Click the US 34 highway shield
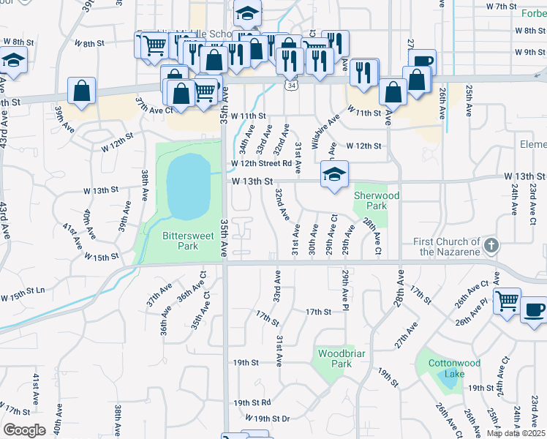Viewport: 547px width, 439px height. pyautogui.click(x=291, y=86)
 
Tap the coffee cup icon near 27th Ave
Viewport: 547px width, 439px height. pyautogui.click(x=422, y=64)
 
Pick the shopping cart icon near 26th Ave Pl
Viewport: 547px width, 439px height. pyautogui.click(x=507, y=300)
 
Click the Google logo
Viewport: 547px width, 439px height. pyautogui.click(x=24, y=429)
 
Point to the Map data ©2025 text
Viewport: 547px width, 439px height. pyautogui.click(x=516, y=433)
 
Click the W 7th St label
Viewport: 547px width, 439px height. pyautogui.click(x=502, y=6)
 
